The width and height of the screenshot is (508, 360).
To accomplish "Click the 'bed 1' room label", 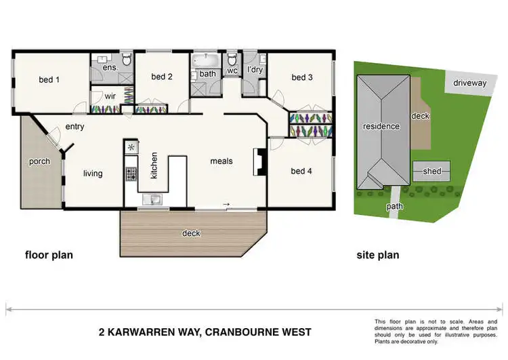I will point(49,79).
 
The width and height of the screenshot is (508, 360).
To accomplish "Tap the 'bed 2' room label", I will point(162,77).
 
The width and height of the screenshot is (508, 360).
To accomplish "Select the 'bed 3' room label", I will point(302,77).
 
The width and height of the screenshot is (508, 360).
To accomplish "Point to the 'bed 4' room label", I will point(301,171).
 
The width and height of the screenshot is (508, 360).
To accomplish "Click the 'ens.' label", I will point(110,68).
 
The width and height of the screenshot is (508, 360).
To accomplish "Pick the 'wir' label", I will point(109,96).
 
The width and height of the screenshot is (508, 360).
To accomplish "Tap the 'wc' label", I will point(232,70).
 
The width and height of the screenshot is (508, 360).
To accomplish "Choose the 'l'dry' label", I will point(255,70).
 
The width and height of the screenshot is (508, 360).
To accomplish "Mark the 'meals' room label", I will point(221,161).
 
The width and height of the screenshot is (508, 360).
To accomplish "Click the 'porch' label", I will point(39,161).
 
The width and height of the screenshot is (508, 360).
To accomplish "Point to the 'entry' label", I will point(75,127).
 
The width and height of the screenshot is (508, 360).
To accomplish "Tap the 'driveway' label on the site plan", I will point(470,83).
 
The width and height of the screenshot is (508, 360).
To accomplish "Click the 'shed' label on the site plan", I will point(431,172).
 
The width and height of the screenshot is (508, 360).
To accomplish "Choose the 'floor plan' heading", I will point(49,256).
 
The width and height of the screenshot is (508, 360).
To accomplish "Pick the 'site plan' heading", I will point(378,256).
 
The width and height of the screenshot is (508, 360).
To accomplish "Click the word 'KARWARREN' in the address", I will point(156,332).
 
